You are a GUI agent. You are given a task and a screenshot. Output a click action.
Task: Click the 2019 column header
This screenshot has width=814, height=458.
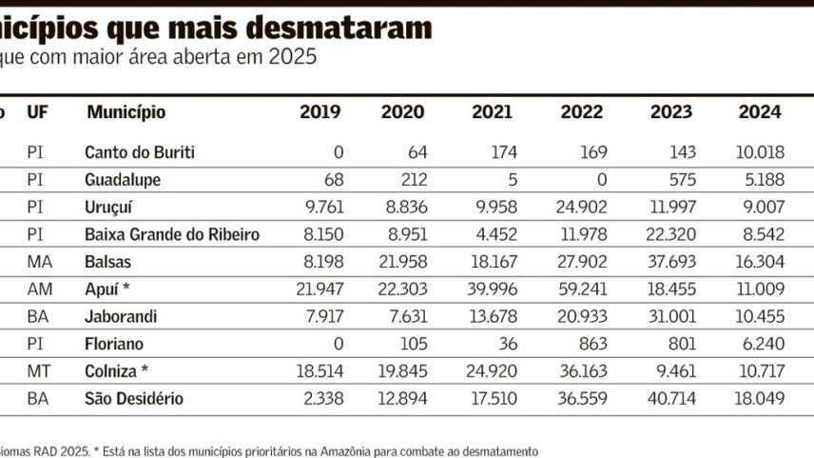coord(320,111)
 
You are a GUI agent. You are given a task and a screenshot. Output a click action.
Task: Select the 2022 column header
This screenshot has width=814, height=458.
coord(581,111)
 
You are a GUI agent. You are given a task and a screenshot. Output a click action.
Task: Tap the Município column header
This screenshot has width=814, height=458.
coord(126,112)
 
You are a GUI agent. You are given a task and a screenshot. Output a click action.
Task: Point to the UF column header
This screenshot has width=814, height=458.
coord(37,111)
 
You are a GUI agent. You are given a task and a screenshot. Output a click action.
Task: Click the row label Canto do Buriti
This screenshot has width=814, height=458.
coord(140,152)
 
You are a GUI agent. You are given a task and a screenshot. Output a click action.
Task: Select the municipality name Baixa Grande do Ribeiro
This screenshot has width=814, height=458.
coord(172,234)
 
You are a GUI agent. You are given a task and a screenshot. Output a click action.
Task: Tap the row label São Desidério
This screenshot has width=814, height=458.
coord(134,399)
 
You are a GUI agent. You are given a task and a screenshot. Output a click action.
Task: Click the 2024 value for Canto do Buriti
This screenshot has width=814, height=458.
coord(760,152)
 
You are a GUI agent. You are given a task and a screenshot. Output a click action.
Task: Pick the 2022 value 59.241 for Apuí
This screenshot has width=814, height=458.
coord(583,289)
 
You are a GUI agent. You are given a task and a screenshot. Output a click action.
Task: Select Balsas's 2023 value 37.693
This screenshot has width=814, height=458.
coord(671,262)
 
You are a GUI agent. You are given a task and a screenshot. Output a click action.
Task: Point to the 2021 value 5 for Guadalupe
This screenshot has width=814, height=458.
coord(513,180)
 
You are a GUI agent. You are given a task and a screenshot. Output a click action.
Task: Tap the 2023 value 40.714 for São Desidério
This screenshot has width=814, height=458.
coord(671,399)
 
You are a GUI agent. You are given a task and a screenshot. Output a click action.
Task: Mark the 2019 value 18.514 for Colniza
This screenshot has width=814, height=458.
coord(320,371)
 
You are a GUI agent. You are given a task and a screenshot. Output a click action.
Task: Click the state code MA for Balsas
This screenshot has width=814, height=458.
coord(40,262)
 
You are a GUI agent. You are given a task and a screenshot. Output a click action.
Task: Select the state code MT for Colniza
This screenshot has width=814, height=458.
coord(39,371)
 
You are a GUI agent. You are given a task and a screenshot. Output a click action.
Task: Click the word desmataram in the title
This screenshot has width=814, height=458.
coord(339,28)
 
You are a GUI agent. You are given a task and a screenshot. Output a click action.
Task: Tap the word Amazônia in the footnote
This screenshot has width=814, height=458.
coord(344,451)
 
